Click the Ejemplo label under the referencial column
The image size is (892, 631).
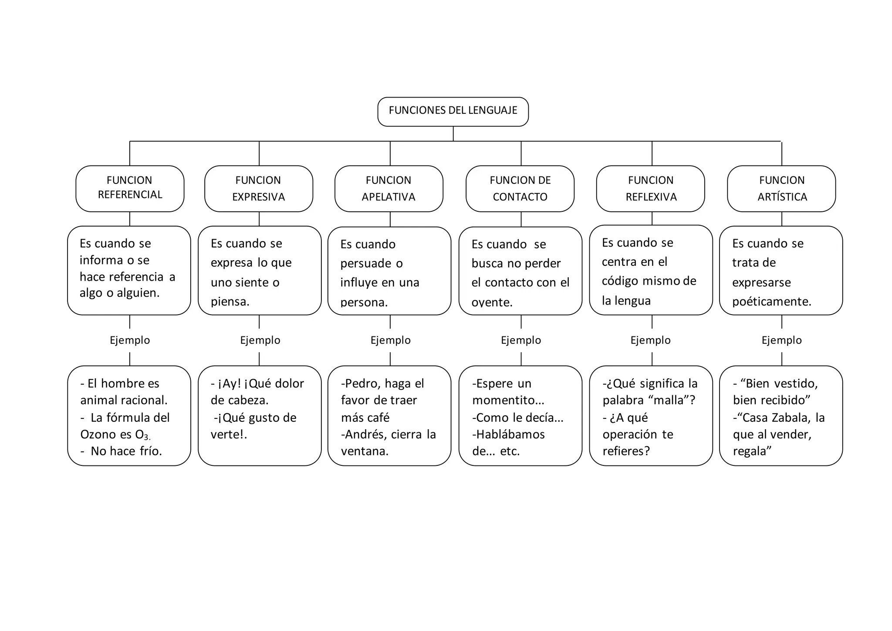[130, 340]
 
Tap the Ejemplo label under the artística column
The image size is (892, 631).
[782, 340]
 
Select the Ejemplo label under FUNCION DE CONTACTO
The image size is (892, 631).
[521, 340]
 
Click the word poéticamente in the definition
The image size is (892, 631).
[772, 302]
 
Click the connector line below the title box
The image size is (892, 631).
[453, 134]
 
